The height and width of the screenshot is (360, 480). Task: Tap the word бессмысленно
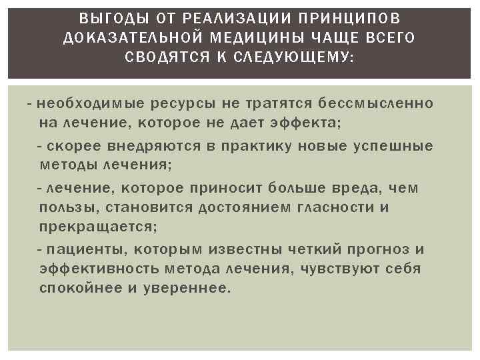[x=377, y=105]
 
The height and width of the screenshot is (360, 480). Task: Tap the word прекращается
[x=99, y=227]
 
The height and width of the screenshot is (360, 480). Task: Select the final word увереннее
[x=197, y=288]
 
